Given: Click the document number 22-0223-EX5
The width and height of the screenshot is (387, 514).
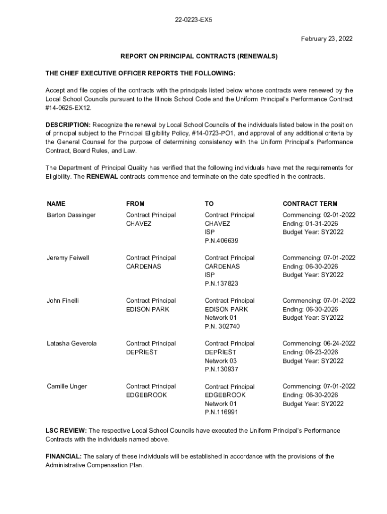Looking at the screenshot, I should tap(193, 21).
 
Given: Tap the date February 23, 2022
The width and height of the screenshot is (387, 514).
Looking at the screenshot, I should tap(327, 39).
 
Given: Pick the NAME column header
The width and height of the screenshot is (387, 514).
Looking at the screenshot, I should tap(56, 203).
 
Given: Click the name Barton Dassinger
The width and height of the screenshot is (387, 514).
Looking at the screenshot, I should tap(71, 215).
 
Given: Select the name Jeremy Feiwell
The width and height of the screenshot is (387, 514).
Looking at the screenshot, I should tap(68, 258).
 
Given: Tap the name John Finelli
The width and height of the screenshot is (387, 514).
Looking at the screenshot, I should tap(63, 301).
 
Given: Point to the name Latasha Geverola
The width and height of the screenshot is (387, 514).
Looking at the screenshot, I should tap(72, 343).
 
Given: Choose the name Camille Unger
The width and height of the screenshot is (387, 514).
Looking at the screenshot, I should tap(67, 386).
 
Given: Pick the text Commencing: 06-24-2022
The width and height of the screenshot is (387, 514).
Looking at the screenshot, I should tap(319, 343).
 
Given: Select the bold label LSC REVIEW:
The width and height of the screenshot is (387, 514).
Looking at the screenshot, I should tap(66, 431).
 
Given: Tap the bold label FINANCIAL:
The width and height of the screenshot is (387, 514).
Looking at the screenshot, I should tap(63, 456).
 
